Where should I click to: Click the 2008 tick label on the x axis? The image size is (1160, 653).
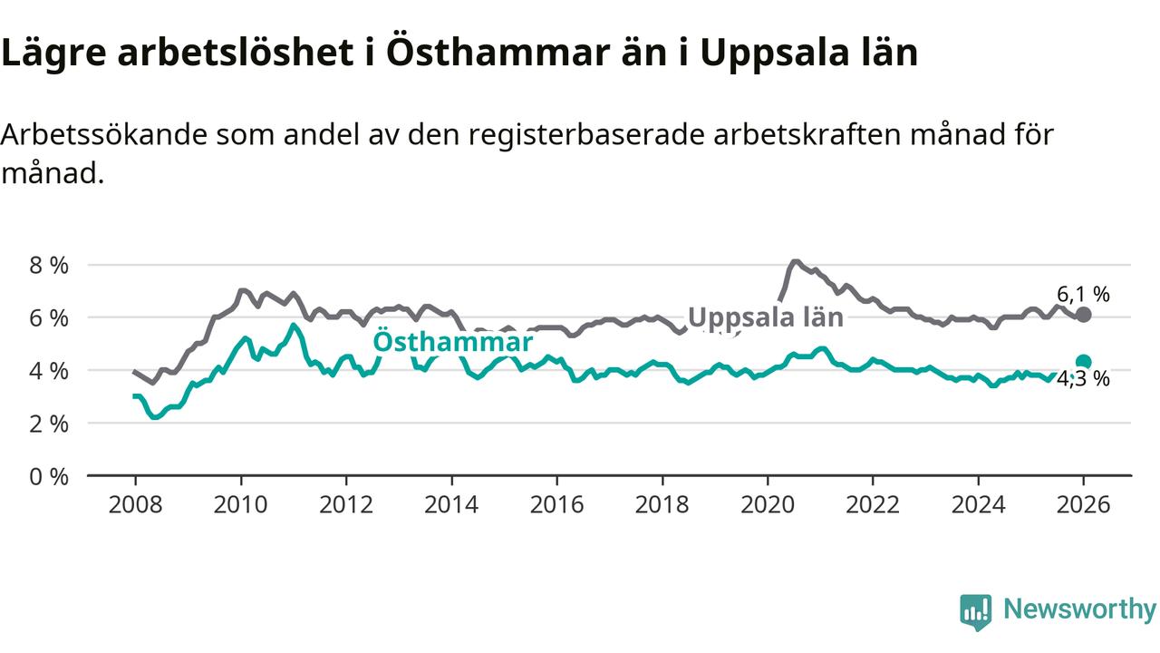coord(135,504)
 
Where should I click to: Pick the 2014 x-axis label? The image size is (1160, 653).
coord(451,504)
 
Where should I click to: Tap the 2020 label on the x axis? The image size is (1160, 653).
coord(768,504)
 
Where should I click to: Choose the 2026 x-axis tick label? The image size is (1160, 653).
coord(1084,504)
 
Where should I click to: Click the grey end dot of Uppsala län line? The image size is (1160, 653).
coord(1084,315)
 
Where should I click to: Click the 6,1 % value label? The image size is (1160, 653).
coord(1083,294)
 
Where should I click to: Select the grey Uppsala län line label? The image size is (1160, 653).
coord(766,317)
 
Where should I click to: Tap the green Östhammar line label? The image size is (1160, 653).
coord(453,342)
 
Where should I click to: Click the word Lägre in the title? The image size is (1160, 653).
coord(53,54)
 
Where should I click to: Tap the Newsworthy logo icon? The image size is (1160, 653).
coord(976,612)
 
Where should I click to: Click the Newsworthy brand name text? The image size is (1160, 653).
coord(1079,609)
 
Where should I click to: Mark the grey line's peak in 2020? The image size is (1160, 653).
coord(795,262)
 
